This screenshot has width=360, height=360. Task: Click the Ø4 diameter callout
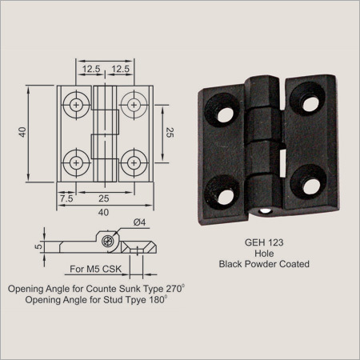[x=139, y=222]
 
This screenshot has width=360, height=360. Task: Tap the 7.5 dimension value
[x=66, y=198]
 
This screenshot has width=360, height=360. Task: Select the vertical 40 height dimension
[x=22, y=132]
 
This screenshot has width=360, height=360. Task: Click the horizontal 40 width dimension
[x=103, y=213]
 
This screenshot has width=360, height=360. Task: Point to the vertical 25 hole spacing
[x=170, y=133]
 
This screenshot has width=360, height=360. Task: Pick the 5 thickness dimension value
[x=39, y=246]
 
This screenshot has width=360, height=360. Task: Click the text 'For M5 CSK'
[x=95, y=269]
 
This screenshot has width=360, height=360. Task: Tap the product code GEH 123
[x=264, y=242]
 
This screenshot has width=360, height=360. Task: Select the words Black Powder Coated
[x=264, y=264]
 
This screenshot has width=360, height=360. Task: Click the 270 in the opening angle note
[x=174, y=289]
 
